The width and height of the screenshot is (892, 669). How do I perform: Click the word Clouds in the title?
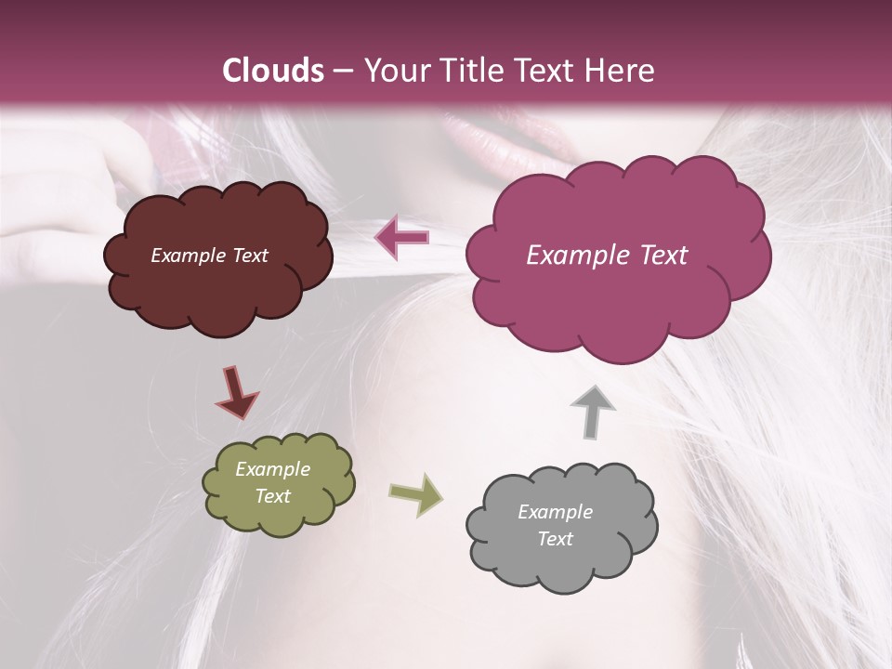(x=273, y=71)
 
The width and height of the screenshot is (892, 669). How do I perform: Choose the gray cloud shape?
(x=563, y=562)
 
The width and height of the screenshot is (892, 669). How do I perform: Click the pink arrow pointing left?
(x=402, y=237)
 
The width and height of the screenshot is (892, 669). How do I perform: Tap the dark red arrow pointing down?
(x=236, y=392)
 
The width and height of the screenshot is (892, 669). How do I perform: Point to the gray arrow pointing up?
(x=592, y=410)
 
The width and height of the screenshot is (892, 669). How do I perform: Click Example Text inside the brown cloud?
(x=209, y=256)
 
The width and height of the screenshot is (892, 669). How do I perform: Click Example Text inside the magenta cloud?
(x=607, y=256)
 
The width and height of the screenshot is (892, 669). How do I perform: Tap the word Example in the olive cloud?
(x=272, y=469)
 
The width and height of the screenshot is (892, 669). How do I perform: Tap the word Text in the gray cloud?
(x=555, y=539)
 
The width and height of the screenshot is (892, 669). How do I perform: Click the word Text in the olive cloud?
(x=272, y=496)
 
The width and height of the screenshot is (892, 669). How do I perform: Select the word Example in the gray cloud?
(x=555, y=512)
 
